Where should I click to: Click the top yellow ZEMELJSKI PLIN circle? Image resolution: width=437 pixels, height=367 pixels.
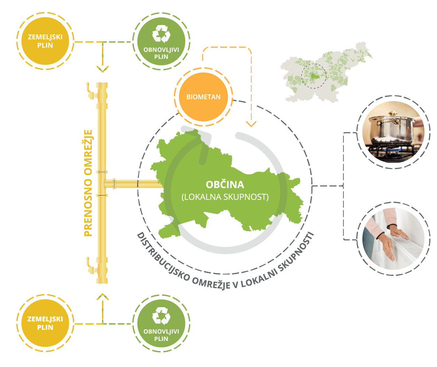pyautogui.click(x=45, y=41)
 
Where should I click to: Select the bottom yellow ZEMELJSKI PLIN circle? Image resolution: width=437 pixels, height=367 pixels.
pyautogui.click(x=45, y=323)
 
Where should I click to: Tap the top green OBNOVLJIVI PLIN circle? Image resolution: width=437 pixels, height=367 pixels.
pyautogui.click(x=161, y=41)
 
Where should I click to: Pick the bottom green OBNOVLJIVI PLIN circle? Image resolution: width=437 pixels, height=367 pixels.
pyautogui.click(x=161, y=324)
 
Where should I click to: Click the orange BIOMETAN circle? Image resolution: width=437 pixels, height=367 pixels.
pyautogui.click(x=204, y=97)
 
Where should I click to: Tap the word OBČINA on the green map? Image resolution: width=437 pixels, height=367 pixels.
pyautogui.click(x=225, y=184)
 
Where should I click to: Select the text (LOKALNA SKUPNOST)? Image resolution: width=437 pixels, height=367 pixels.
pyautogui.click(x=225, y=197)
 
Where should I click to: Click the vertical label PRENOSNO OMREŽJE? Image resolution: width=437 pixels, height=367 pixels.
pyautogui.click(x=88, y=183)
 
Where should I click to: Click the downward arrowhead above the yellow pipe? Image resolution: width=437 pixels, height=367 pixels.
pyautogui.click(x=103, y=69)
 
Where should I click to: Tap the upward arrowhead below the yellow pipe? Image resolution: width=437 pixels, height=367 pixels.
pyautogui.click(x=103, y=296)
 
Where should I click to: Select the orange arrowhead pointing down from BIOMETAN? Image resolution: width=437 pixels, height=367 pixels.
pyautogui.click(x=251, y=124)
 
